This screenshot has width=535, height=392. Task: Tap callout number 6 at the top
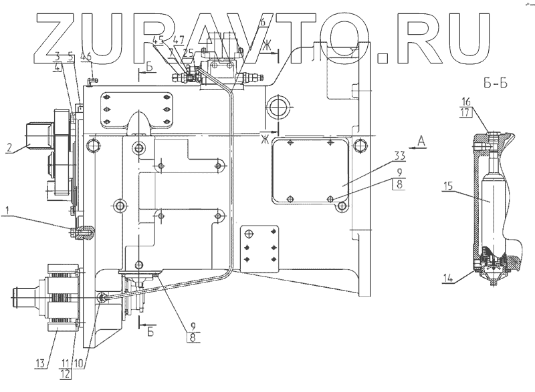(x=263, y=22)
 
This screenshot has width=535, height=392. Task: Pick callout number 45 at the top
(x=157, y=39)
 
